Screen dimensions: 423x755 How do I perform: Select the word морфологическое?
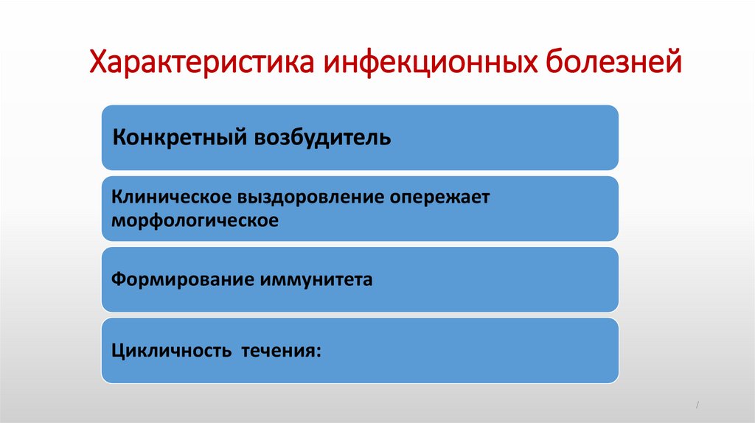coord(195,220)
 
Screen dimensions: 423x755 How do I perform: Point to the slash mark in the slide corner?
coord(697,406)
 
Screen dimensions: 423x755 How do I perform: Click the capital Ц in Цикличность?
coord(118,351)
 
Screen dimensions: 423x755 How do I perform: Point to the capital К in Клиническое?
coord(116,198)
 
